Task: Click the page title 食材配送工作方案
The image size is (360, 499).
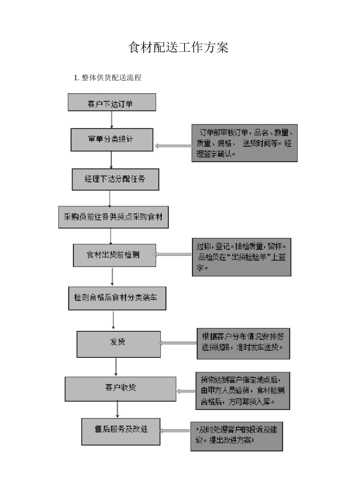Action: (x=178, y=48)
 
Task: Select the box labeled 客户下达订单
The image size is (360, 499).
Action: (x=112, y=103)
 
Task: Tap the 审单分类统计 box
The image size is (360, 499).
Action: (x=112, y=140)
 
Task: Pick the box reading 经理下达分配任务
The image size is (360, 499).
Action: (x=115, y=179)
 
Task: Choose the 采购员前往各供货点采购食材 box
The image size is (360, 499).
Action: (x=113, y=217)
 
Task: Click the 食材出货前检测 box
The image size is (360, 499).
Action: (x=114, y=255)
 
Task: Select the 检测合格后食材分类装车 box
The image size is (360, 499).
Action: (x=117, y=298)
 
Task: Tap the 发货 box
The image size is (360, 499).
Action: (x=119, y=344)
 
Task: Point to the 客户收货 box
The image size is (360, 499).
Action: (x=121, y=388)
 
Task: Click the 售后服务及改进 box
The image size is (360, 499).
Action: (x=121, y=431)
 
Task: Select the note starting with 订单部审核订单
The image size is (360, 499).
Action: (x=244, y=143)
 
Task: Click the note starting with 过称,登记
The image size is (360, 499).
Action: (x=241, y=257)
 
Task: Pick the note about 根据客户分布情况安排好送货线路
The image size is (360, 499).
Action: (x=243, y=343)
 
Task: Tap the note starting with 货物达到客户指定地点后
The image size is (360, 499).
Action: (x=243, y=391)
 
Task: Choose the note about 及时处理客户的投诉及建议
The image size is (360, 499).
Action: (x=236, y=437)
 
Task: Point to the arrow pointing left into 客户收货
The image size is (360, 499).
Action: (x=186, y=391)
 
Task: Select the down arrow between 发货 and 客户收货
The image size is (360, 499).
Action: (x=116, y=366)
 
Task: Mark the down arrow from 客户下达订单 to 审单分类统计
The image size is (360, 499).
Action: (x=111, y=119)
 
